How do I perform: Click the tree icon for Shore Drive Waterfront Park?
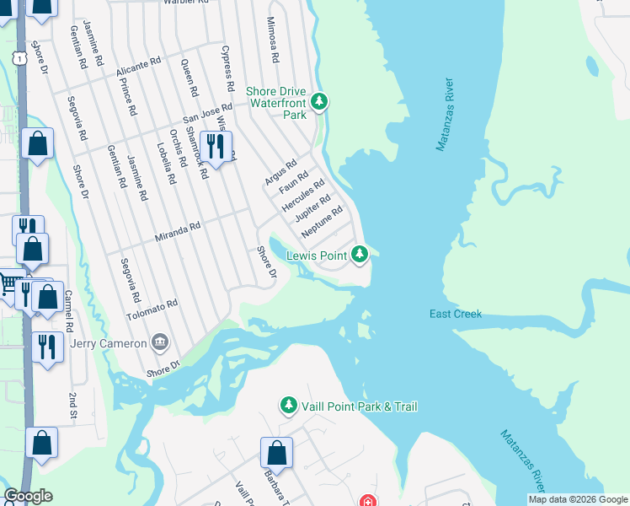(318, 102)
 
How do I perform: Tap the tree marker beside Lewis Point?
(360, 254)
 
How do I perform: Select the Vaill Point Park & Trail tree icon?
(289, 406)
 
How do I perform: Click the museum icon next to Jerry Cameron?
(159, 342)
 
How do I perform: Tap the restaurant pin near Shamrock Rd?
(216, 147)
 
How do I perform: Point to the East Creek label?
(455, 315)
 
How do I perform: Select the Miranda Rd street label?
(178, 228)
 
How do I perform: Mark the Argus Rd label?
(280, 172)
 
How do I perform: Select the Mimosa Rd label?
(272, 40)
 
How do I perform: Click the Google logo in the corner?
(29, 497)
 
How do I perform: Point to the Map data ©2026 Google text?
(577, 499)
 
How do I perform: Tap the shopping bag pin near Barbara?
(276, 455)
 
